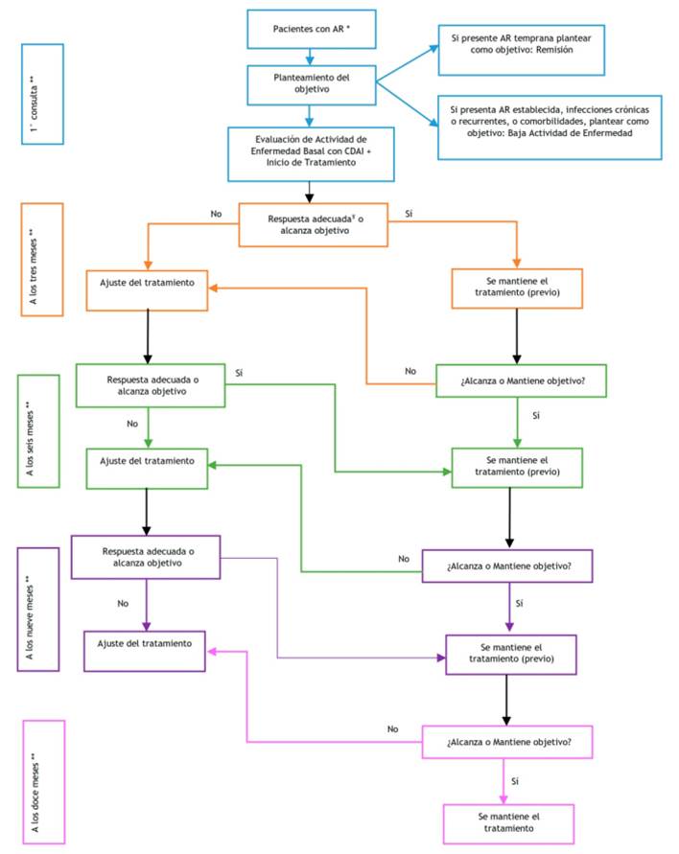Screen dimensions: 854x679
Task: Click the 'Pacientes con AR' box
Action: (x=312, y=29)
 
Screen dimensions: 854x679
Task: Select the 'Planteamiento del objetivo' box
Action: (x=312, y=84)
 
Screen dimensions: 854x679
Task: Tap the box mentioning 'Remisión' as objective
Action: (x=521, y=49)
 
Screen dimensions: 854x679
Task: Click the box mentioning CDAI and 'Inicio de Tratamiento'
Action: (x=312, y=152)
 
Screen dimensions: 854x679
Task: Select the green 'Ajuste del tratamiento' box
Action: (x=148, y=461)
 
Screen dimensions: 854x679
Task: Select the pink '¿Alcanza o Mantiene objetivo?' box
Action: (x=509, y=741)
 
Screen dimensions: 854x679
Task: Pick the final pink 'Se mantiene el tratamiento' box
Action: (x=509, y=821)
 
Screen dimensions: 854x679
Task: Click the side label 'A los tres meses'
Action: (x=40, y=259)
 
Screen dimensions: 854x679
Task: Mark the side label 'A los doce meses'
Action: (x=42, y=781)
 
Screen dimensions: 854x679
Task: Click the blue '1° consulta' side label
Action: (x=42, y=93)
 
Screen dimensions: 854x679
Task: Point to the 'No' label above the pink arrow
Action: (x=392, y=728)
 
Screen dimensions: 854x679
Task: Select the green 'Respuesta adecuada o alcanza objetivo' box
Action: (x=151, y=384)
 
